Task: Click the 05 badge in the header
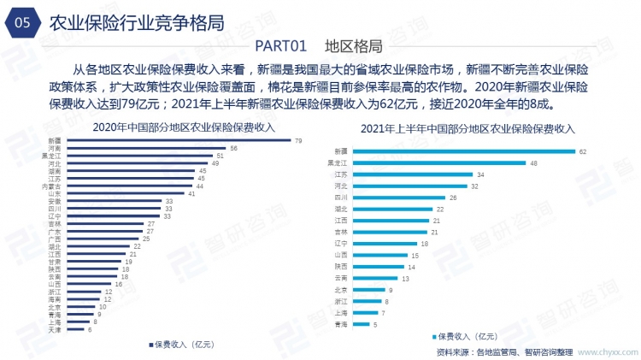pos(23,24)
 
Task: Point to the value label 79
pos(297,139)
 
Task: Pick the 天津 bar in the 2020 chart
pos(73,329)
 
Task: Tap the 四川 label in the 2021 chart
pos(341,198)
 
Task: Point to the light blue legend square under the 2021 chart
pos(437,336)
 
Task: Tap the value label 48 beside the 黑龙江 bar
pos(533,162)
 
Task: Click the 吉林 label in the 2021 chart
pos(341,232)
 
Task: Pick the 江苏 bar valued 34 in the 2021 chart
pos(412,174)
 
